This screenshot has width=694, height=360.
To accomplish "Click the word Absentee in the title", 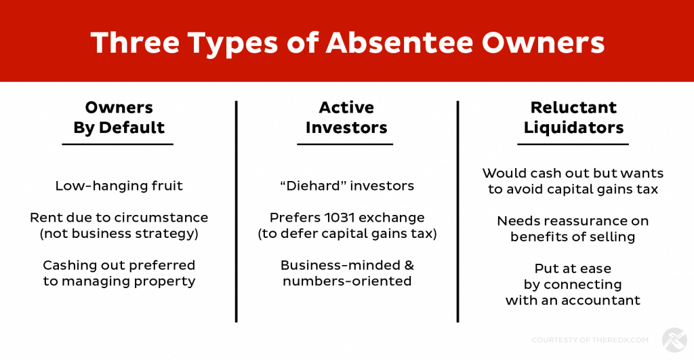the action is click(x=400, y=43).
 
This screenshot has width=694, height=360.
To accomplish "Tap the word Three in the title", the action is click(x=136, y=43).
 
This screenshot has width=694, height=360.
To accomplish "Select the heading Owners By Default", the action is click(x=119, y=117).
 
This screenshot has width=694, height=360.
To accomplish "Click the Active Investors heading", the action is click(x=346, y=117).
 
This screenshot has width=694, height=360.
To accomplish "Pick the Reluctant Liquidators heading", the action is click(x=573, y=117).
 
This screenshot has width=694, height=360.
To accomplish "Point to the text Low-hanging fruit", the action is click(x=119, y=186).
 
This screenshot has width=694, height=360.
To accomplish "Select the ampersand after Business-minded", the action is click(x=409, y=265).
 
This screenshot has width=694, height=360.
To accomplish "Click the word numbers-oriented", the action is click(x=347, y=281).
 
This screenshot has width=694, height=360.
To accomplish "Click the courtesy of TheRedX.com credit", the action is click(x=590, y=340).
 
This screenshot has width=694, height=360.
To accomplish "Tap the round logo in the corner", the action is click(x=674, y=340).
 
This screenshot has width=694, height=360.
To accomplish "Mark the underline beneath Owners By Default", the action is click(x=118, y=144).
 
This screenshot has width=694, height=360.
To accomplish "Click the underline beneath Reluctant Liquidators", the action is click(x=573, y=144).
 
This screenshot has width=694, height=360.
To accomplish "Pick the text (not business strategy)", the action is click(x=119, y=233).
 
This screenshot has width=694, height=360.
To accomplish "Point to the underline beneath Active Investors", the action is click(x=345, y=144).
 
